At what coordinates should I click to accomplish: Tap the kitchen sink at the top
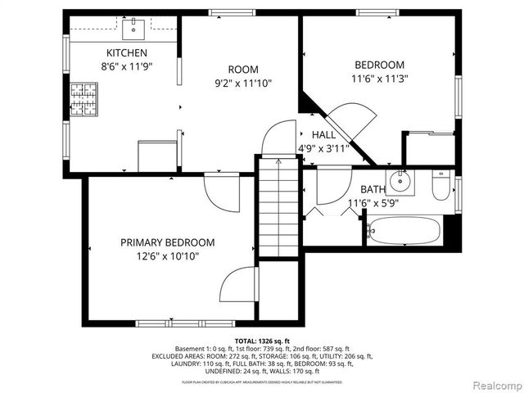133,30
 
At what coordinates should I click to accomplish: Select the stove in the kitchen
83,99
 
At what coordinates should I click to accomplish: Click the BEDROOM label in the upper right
379,65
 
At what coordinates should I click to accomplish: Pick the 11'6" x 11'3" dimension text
379,79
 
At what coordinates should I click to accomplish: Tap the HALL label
323,135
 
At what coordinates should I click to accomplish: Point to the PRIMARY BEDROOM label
167,242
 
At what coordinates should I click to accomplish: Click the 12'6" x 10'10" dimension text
167,256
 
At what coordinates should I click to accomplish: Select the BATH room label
373,189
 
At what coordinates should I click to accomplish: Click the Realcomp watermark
494,385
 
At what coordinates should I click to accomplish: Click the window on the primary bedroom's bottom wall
168,323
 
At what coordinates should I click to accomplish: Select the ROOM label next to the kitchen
242,70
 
